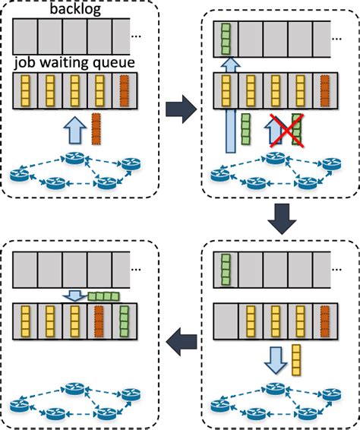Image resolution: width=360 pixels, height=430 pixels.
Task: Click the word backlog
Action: coord(74,10)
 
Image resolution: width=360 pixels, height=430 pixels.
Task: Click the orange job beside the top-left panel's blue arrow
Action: coord(96,128)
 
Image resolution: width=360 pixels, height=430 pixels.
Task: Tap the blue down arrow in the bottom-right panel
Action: coord(275,359)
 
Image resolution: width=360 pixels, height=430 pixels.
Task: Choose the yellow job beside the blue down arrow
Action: coord(297,358)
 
